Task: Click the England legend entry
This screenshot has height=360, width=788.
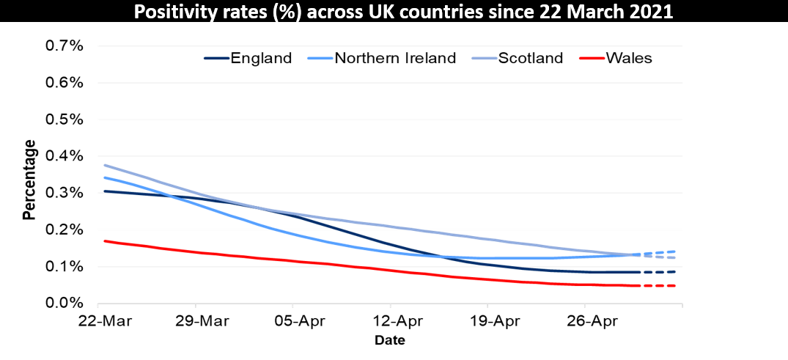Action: coord(261,58)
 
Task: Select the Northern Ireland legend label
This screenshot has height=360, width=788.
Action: coord(395,58)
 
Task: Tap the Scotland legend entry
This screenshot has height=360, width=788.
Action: coord(531,58)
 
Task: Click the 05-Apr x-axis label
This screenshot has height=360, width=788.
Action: coord(292,321)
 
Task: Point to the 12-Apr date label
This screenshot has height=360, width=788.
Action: coord(390,321)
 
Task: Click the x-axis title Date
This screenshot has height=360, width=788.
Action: coord(389,340)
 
